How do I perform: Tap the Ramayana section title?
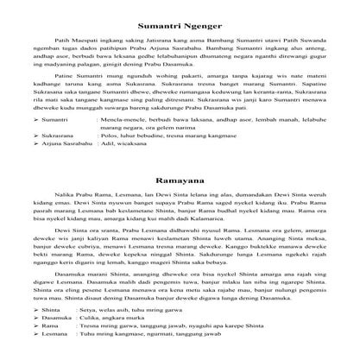coord(180,182)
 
